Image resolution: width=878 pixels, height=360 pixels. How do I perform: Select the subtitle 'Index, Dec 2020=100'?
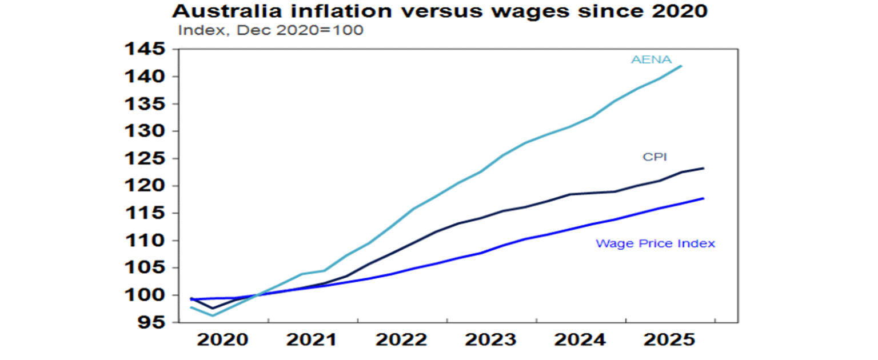270,30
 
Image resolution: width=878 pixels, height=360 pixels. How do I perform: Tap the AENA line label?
651,59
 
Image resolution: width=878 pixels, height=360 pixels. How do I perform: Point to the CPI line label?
655,157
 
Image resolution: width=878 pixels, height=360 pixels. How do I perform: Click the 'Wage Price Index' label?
655,243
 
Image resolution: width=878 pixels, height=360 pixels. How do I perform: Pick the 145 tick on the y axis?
145,50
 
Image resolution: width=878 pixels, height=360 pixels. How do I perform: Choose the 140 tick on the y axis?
145,77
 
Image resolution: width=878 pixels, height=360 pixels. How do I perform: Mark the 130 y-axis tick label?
145,131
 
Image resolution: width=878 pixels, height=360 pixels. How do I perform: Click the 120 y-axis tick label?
145,186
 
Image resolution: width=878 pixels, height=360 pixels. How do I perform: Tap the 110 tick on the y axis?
145,241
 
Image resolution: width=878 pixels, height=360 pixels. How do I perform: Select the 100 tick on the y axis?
145,295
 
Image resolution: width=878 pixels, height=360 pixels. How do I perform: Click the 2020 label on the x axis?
222,339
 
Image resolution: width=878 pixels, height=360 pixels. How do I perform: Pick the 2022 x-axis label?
401,339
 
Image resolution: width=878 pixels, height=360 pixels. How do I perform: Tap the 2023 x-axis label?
490,339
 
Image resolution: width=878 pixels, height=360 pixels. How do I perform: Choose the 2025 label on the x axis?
669,339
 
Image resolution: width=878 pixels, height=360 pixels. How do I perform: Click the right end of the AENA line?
681,66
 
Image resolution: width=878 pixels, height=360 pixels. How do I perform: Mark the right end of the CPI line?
703,168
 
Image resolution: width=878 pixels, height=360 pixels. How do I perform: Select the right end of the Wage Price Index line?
703,198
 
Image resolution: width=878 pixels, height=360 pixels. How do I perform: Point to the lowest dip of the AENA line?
213,315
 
